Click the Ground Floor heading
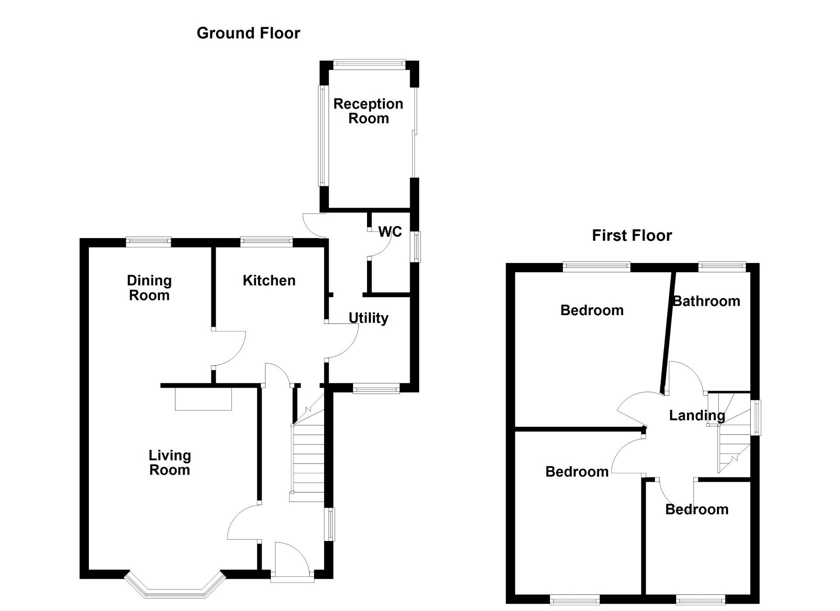[x=248, y=33]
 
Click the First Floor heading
[x=631, y=235]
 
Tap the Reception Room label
[x=368, y=111]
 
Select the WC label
[x=390, y=232]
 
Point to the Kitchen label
[x=269, y=281]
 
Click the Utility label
[x=368, y=318]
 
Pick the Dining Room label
[x=149, y=288]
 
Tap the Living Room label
[x=170, y=463]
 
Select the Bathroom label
[x=706, y=301]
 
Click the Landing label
[x=697, y=415]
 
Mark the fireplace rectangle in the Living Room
[x=203, y=399]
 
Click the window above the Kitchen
[x=266, y=241]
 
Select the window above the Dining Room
[x=149, y=241]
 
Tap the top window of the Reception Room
[x=369, y=64]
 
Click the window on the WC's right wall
[x=417, y=247]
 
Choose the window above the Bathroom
[x=722, y=265]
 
